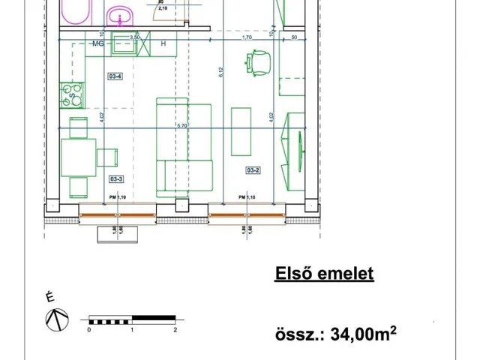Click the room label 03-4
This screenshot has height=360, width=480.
(115, 76)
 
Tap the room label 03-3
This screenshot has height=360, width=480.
(116, 179)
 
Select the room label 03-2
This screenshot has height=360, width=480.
(253, 171)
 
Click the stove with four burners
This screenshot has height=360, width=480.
(75, 94)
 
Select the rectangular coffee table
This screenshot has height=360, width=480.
(241, 132)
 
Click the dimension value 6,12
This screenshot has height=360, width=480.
(223, 72)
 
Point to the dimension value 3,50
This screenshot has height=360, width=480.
(135, 37)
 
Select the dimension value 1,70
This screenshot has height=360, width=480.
(247, 37)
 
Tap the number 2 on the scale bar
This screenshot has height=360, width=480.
(175, 329)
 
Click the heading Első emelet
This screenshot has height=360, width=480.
(324, 274)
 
